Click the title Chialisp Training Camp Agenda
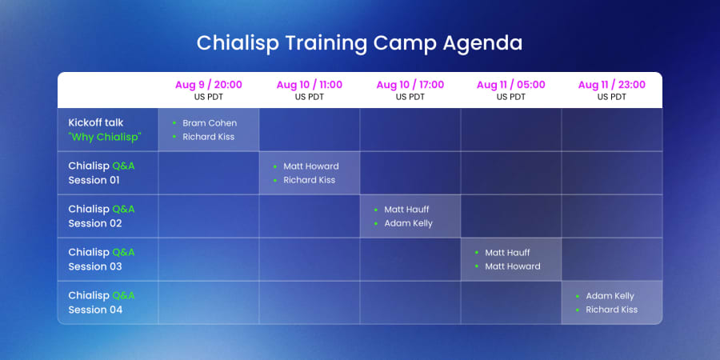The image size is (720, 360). [x=359, y=43]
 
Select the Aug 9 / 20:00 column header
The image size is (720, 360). [x=209, y=85]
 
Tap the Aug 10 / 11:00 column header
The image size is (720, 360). [x=309, y=85]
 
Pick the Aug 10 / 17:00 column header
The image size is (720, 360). [x=410, y=85]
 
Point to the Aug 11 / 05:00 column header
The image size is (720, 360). [x=510, y=85]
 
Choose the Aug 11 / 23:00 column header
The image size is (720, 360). [x=612, y=85]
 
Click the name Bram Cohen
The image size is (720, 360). [x=210, y=123]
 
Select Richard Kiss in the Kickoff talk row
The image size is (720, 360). [x=209, y=137]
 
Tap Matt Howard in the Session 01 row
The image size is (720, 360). [x=311, y=166]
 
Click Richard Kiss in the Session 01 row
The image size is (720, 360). [x=309, y=180]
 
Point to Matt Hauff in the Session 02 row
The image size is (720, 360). [x=406, y=210]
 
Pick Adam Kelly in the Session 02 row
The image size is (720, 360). [x=408, y=224]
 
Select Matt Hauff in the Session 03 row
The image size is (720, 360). [x=507, y=253]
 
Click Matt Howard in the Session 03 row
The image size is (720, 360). [x=513, y=266]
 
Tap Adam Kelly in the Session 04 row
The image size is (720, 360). [x=610, y=296]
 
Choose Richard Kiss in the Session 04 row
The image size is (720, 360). [x=612, y=310]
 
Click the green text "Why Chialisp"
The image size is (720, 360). [x=105, y=138]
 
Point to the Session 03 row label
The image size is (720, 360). [x=102, y=259]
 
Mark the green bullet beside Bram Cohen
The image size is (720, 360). [x=174, y=123]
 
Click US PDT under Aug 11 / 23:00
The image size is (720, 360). [x=612, y=97]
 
